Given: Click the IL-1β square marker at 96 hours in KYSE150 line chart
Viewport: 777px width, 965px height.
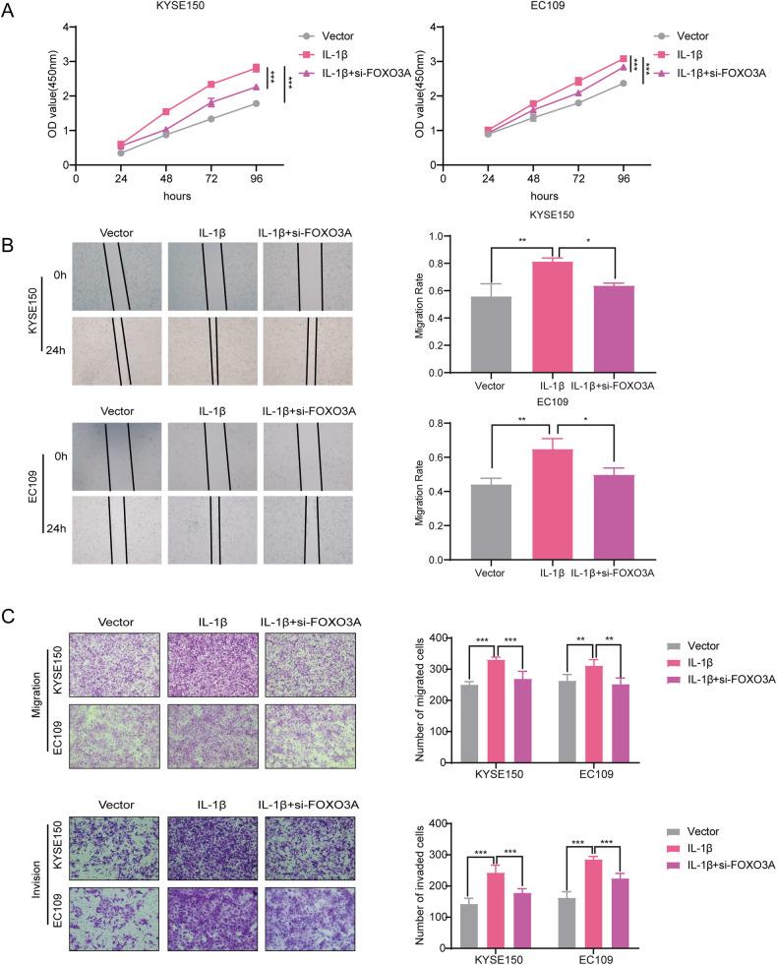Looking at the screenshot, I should point(256,68).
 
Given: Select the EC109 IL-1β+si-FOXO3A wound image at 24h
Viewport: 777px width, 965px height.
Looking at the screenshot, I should point(306,529).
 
